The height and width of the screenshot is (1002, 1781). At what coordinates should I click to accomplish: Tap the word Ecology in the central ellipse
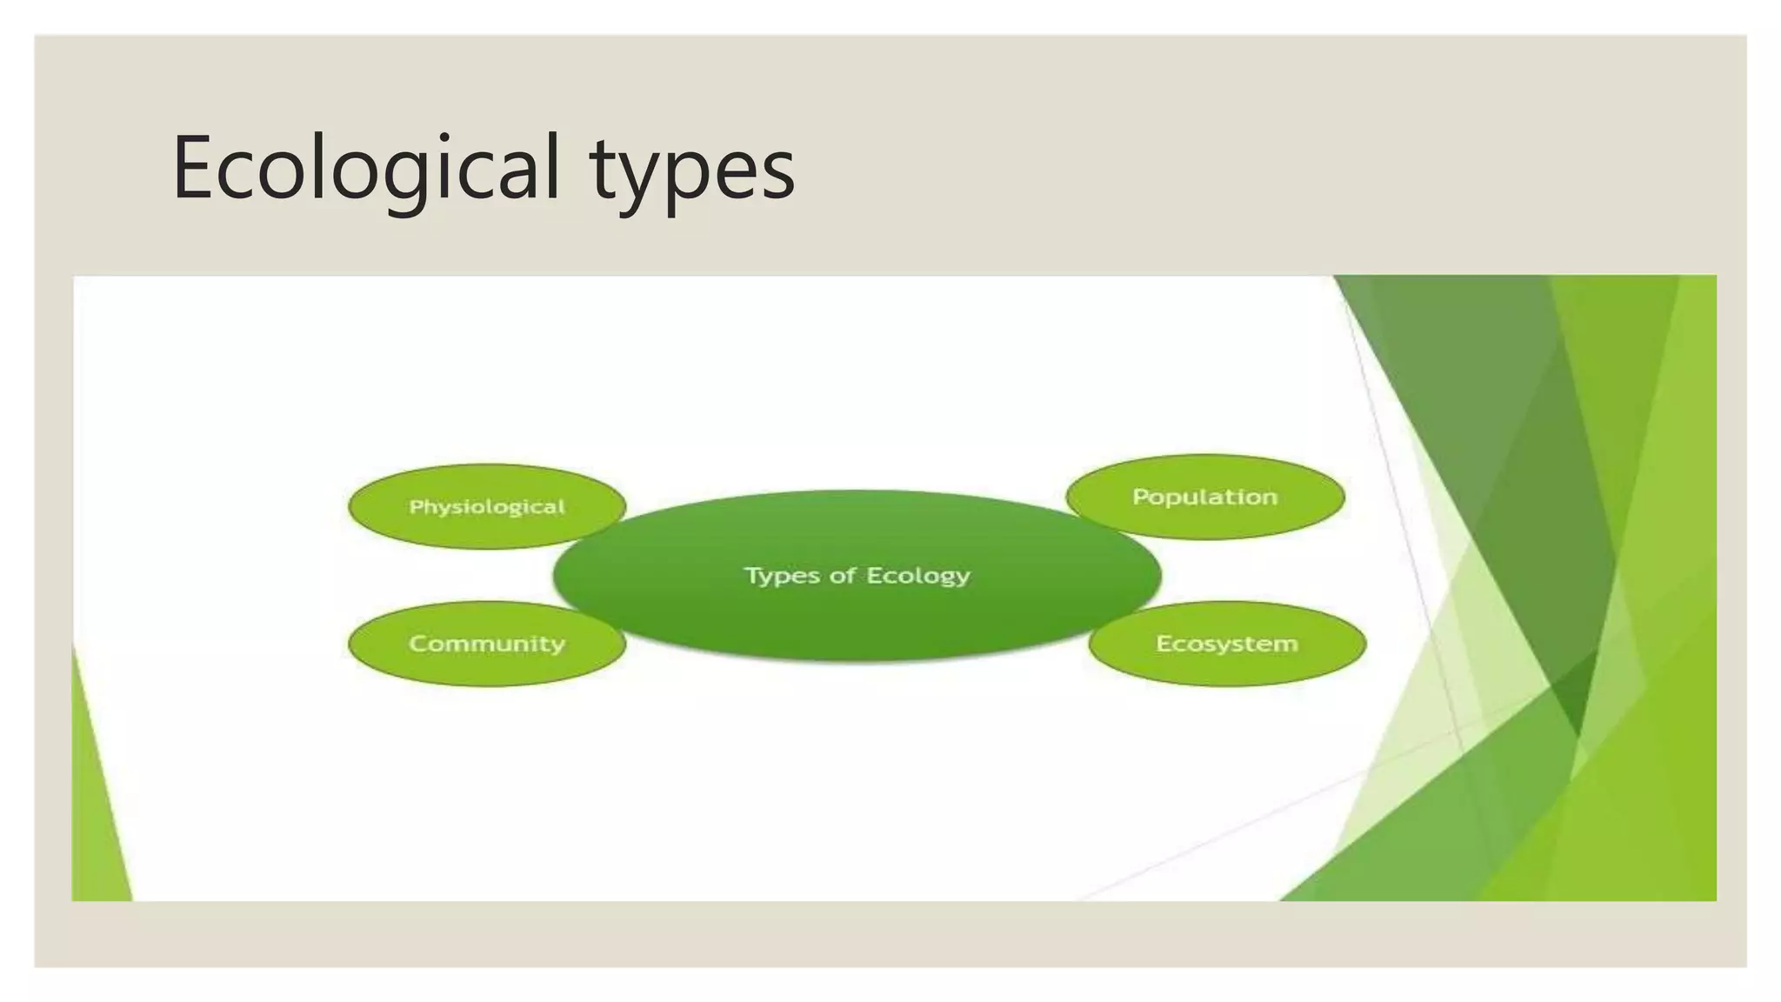click(918, 576)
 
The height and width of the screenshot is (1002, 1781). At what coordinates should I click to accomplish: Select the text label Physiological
click(487, 506)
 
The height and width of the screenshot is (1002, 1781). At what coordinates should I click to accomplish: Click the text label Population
click(1205, 497)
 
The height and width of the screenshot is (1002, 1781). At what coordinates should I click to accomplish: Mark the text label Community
click(487, 644)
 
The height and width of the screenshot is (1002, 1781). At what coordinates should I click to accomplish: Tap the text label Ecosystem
click(1227, 644)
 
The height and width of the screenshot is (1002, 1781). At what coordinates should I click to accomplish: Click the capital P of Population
click(1140, 497)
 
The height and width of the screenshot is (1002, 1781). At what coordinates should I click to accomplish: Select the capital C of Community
click(418, 644)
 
